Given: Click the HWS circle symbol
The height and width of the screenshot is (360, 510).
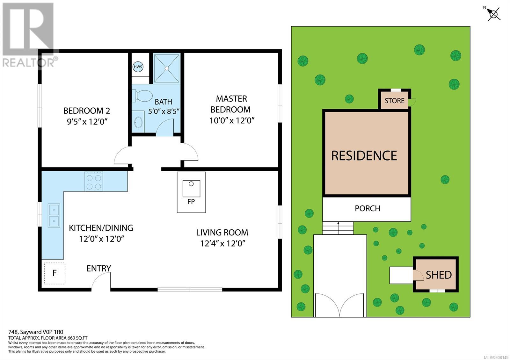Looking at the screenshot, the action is pyautogui.click(x=138, y=67).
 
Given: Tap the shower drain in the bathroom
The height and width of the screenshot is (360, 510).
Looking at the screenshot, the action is pyautogui.click(x=167, y=68).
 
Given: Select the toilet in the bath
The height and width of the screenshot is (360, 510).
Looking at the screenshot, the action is pyautogui.click(x=142, y=96).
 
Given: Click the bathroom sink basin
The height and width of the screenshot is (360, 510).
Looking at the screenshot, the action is pyautogui.click(x=138, y=122).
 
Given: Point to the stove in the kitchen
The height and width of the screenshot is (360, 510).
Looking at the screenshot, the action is pyautogui.click(x=94, y=181).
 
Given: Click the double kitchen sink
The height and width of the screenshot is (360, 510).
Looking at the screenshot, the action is pyautogui.click(x=54, y=215).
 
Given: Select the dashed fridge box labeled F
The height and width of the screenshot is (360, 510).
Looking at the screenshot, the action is pyautogui.click(x=55, y=273).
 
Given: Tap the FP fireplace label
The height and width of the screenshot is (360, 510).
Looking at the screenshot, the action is pyautogui.click(x=191, y=201).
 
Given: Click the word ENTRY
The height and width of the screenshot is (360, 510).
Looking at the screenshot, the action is pyautogui.click(x=98, y=269).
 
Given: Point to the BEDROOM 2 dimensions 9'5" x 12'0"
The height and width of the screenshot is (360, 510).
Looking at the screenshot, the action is pyautogui.click(x=87, y=122).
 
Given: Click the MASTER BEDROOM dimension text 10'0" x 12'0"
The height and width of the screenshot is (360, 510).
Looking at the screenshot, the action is pyautogui.click(x=232, y=120).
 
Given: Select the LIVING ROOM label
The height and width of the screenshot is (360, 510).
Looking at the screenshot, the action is pyautogui.click(x=222, y=233).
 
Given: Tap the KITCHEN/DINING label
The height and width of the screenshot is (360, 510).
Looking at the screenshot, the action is pyautogui.click(x=101, y=228).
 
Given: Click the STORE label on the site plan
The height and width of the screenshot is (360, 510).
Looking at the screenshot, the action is pyautogui.click(x=395, y=101).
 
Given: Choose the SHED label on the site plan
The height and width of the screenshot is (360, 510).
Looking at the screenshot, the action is pyautogui.click(x=439, y=275).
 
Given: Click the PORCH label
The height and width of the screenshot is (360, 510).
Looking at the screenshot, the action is pyautogui.click(x=368, y=208).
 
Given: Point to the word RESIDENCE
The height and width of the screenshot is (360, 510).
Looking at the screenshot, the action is pyautogui.click(x=364, y=156).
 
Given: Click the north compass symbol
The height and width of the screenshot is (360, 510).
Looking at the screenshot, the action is pyautogui.click(x=493, y=14).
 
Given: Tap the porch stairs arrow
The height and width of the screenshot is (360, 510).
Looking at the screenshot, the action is pyautogui.click(x=338, y=228).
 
